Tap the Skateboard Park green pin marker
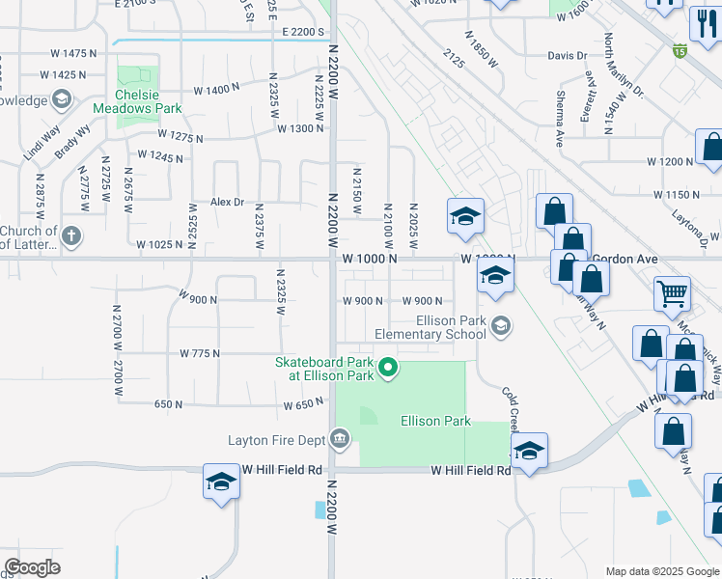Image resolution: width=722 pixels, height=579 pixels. click(388, 368)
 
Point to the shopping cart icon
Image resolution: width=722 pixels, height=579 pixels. click(672, 293)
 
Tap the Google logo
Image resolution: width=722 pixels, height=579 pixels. click(32, 566)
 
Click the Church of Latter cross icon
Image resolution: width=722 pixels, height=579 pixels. click(71, 235)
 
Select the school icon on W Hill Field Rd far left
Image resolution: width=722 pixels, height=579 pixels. click(221, 482)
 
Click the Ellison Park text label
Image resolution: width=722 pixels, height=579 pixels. click(435, 421)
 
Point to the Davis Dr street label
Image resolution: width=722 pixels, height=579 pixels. click(567, 56)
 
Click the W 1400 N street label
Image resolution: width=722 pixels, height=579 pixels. click(216, 90)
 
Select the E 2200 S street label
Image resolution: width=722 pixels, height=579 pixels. click(303, 32)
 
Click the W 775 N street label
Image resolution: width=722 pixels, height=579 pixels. click(199, 354)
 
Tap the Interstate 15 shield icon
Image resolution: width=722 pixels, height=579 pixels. click(680, 50)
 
